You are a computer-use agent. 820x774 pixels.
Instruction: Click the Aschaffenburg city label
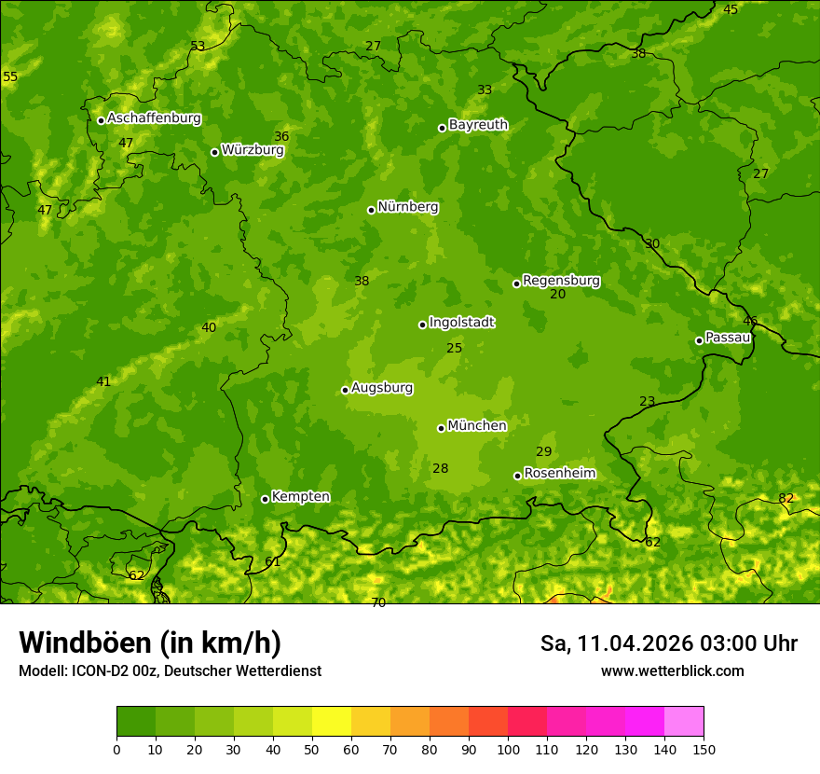click(x=154, y=118)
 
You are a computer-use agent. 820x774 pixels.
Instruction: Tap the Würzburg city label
click(x=253, y=149)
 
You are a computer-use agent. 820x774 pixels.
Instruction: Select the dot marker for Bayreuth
click(x=442, y=128)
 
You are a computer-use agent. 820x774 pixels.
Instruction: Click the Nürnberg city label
click(x=407, y=207)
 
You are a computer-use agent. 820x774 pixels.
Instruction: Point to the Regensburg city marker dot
click(x=516, y=283)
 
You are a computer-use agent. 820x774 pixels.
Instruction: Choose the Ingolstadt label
click(x=461, y=323)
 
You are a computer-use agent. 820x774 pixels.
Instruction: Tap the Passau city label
click(x=728, y=338)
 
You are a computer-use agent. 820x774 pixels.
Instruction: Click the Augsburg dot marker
click(x=345, y=390)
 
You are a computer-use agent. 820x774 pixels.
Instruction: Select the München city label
click(x=477, y=426)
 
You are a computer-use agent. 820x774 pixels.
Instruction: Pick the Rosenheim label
click(x=559, y=474)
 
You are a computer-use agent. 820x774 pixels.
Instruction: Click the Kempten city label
click(x=300, y=497)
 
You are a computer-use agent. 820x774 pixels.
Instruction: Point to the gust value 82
click(x=786, y=499)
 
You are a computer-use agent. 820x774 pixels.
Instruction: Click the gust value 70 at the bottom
click(x=378, y=602)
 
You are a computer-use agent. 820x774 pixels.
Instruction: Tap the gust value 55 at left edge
click(x=10, y=76)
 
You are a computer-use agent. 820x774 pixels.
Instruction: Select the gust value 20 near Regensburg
click(x=558, y=295)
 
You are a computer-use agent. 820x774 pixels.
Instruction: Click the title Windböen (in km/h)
click(x=150, y=643)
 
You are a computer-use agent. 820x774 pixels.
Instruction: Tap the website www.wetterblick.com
click(x=673, y=671)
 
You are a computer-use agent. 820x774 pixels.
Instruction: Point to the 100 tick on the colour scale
click(x=508, y=749)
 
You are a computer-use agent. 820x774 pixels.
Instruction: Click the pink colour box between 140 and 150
click(x=684, y=721)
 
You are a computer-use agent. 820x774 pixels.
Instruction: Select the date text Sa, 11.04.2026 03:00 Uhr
click(x=668, y=643)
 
